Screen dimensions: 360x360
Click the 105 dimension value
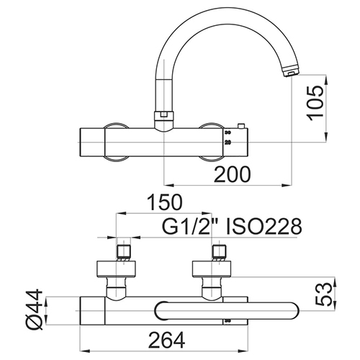(x=315, y=103)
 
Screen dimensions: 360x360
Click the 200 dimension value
(x=233, y=174)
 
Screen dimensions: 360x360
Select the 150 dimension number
(x=165, y=202)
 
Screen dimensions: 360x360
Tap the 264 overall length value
(x=167, y=340)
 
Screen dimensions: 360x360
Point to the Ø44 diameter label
(x=35, y=310)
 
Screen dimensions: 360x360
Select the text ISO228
(x=264, y=226)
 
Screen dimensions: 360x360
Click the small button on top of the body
(x=240, y=126)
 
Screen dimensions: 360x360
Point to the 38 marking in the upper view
(x=228, y=132)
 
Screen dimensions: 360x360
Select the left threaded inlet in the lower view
(x=123, y=251)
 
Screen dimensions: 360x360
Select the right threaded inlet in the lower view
(x=220, y=251)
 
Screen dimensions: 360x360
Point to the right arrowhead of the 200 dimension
(x=287, y=185)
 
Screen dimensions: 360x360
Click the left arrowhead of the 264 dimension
(x=85, y=351)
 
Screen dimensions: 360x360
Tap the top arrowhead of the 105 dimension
(x=326, y=80)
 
